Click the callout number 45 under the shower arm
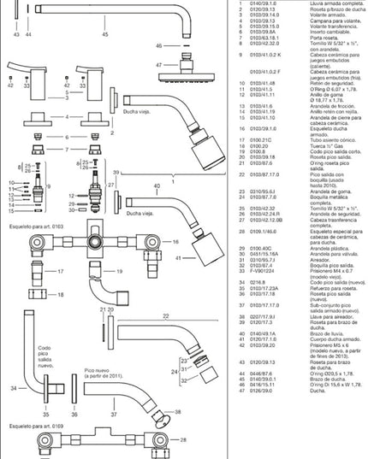tap(105, 35)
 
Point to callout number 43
tap(17, 35)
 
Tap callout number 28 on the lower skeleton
tap(182, 440)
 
